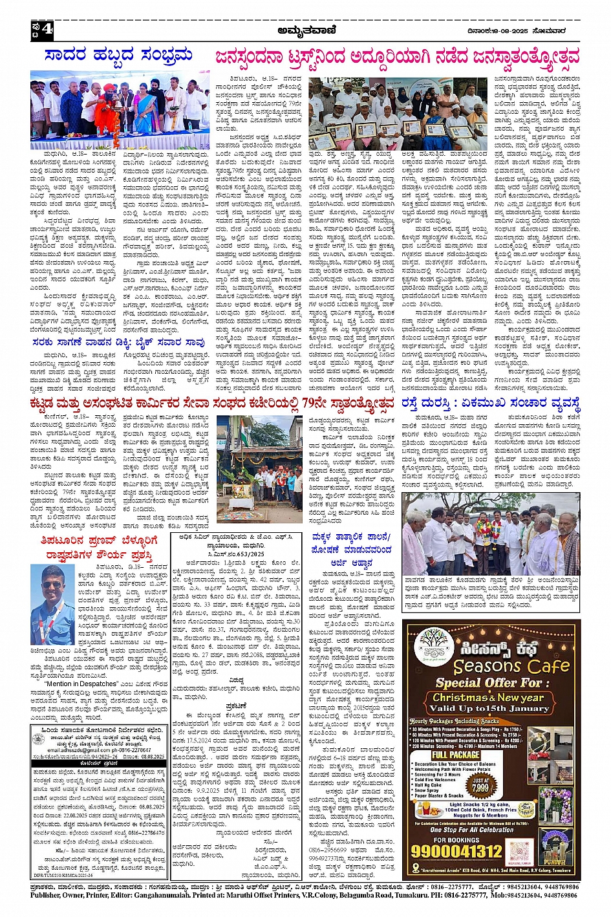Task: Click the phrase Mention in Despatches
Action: point(81,684)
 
